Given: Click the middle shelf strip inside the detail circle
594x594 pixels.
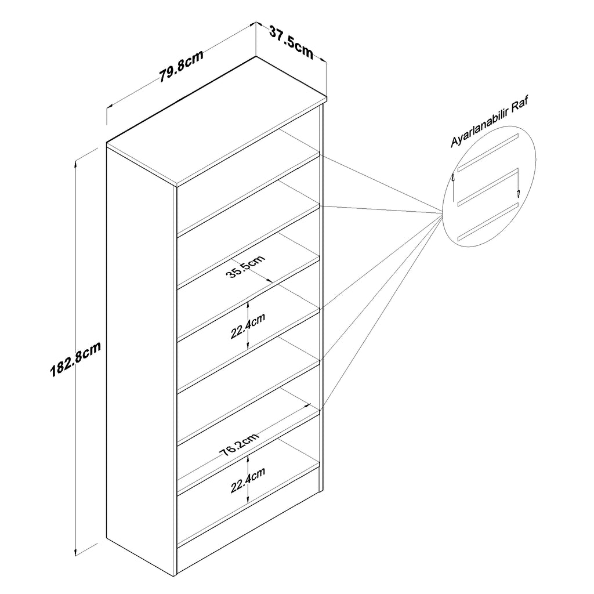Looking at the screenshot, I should point(487,187).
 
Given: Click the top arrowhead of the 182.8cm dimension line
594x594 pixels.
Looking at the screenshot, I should point(75,164).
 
